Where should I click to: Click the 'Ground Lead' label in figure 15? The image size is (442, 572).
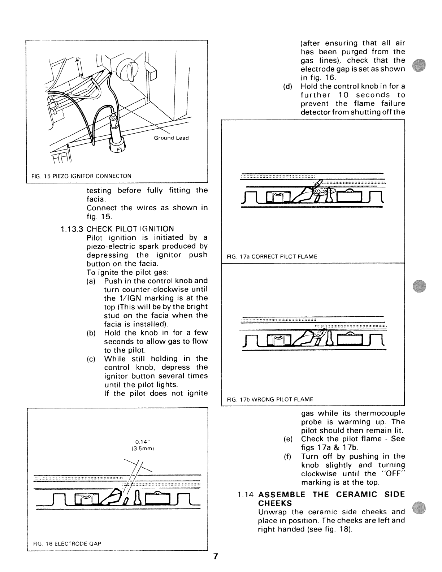[x=171, y=138]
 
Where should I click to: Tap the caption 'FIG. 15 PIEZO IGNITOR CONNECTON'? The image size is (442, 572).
[x=81, y=176]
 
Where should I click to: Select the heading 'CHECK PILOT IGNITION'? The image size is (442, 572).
[x=130, y=229]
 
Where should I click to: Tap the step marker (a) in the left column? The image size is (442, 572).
[x=91, y=281]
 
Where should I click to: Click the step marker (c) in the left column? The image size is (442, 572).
[x=91, y=359]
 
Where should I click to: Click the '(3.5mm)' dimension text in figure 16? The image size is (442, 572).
[x=143, y=448]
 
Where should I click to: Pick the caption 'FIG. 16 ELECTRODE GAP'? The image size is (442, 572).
[x=67, y=543]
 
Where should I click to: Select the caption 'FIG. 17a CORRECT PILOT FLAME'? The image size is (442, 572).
[x=272, y=257]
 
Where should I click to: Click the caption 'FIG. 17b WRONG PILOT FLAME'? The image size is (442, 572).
[x=270, y=399]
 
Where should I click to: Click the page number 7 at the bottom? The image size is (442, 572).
[x=216, y=556]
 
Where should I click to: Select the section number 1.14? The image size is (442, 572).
[x=246, y=495]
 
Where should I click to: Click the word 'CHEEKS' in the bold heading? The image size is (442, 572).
[x=275, y=503]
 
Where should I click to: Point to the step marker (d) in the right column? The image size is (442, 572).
[x=287, y=87]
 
